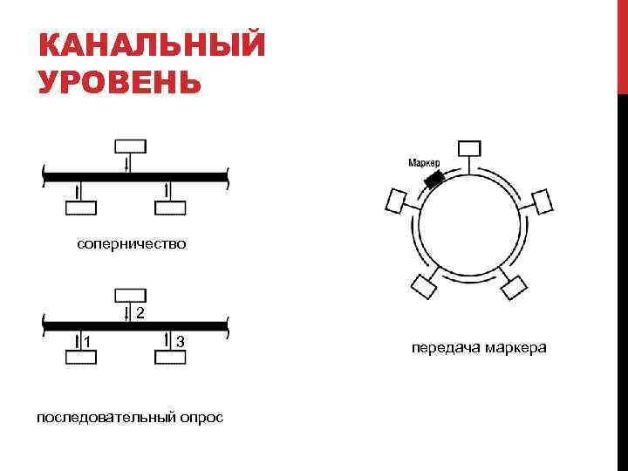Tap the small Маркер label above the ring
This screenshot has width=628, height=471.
424,163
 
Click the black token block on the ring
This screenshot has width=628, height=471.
433,178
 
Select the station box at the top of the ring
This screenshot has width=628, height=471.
470,147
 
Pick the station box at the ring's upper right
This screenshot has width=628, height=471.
543,202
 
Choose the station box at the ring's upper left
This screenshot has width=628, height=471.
397,202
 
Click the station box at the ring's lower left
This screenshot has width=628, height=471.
425,285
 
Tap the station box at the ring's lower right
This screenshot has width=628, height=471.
515,285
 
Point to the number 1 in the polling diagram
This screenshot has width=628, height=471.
86,339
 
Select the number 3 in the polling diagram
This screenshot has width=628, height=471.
179,339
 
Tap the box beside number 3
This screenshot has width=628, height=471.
169,356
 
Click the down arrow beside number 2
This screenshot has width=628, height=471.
127,312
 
